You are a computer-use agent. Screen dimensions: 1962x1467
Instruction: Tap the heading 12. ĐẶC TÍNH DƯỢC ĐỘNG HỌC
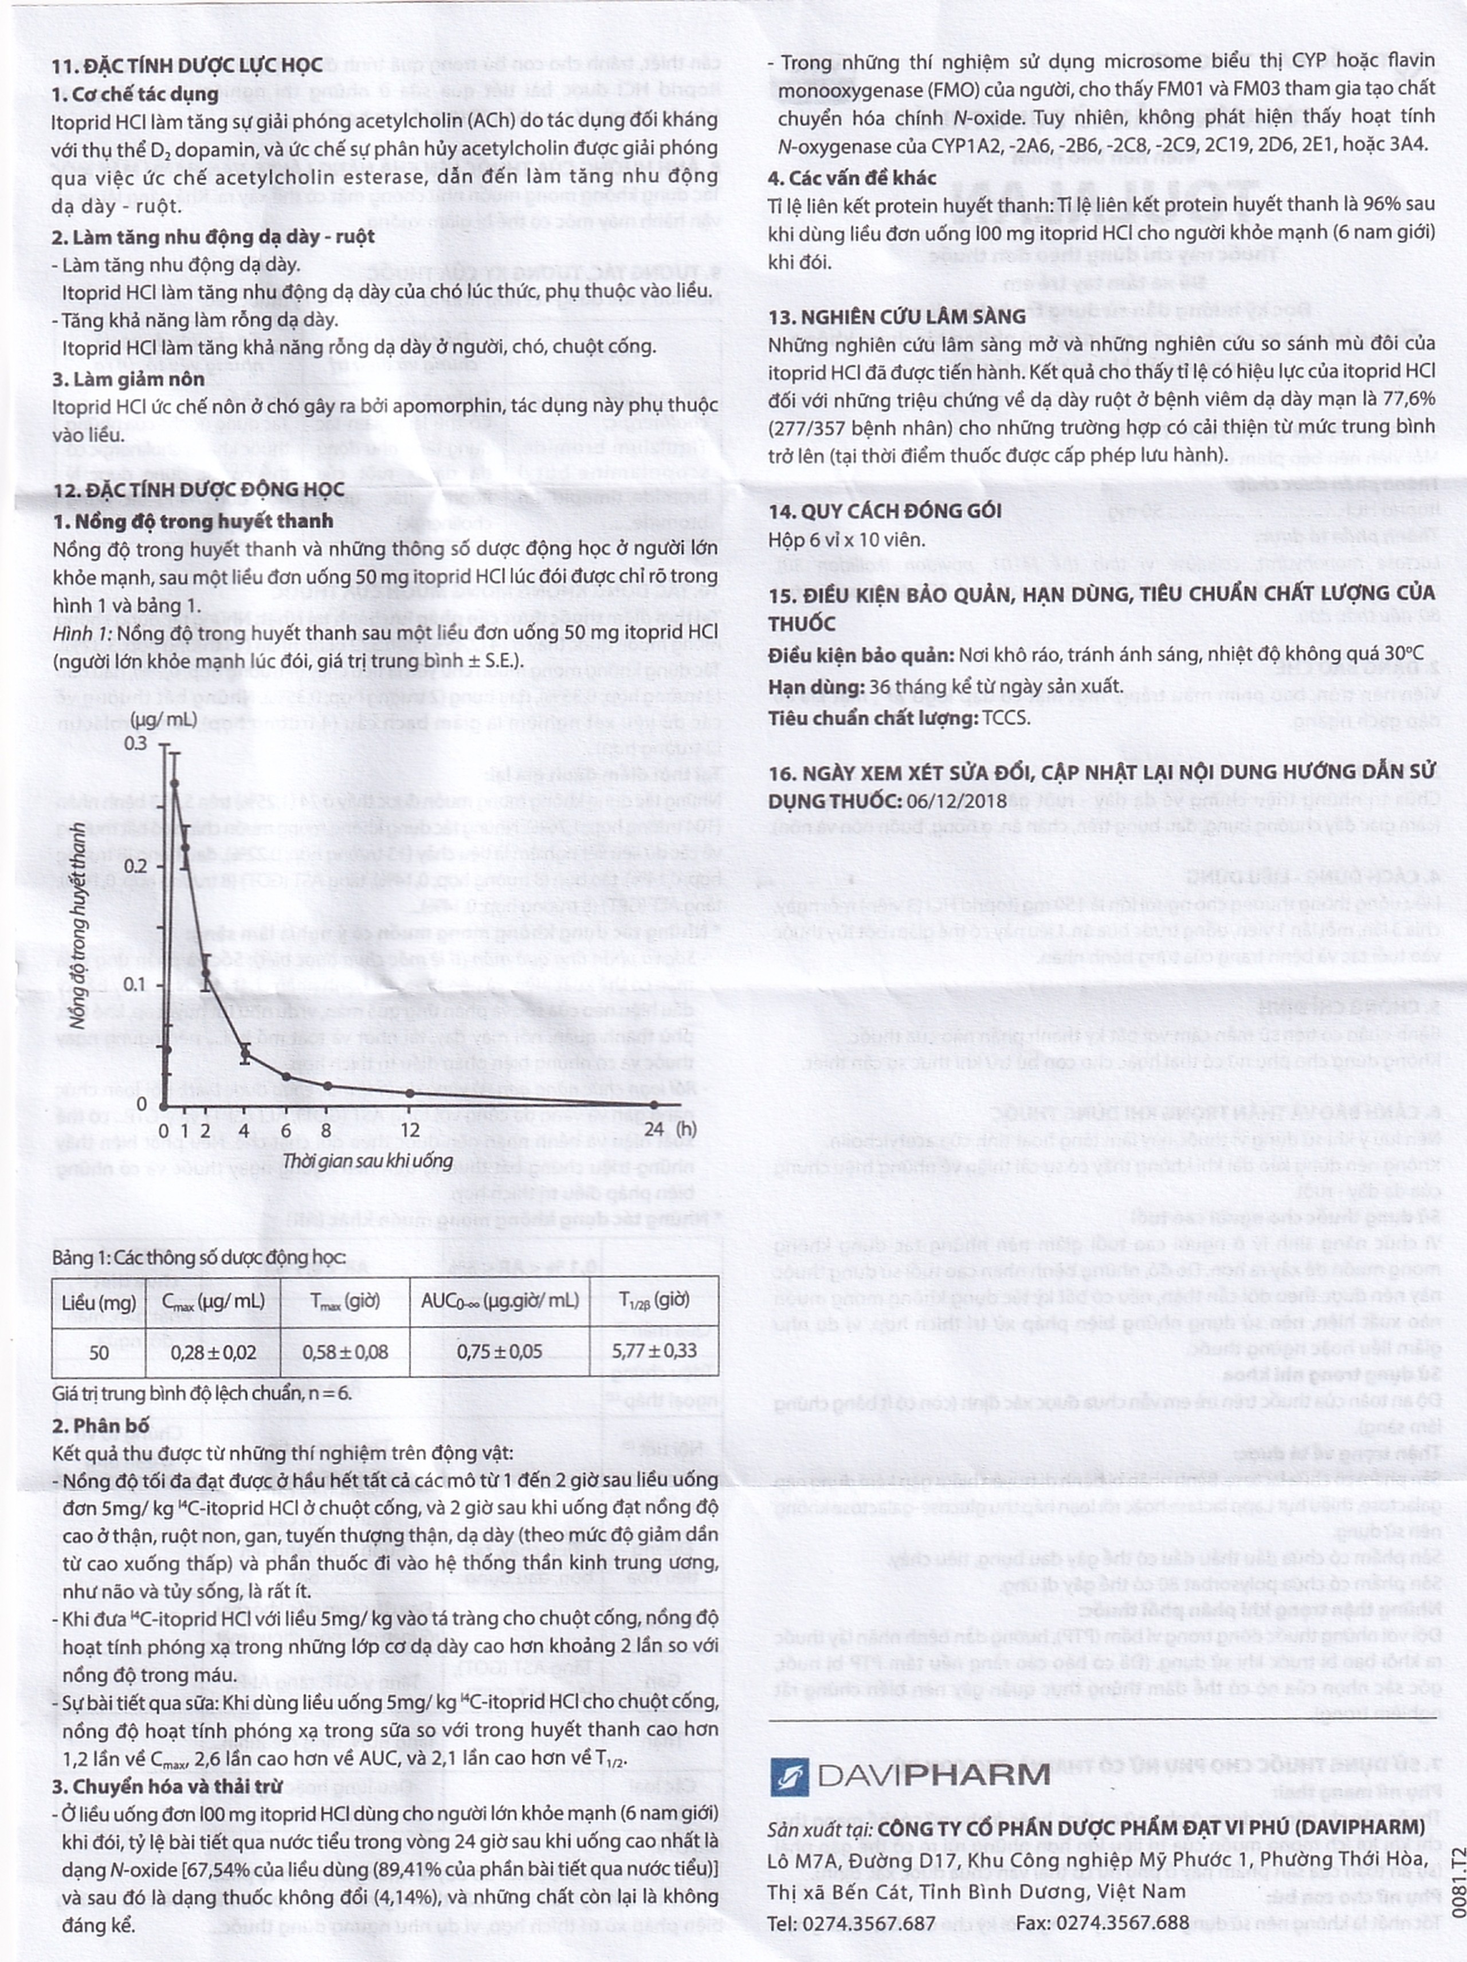(198, 490)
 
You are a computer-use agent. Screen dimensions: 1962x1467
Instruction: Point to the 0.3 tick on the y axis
(136, 743)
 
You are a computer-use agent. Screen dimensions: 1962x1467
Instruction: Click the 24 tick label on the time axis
(654, 1130)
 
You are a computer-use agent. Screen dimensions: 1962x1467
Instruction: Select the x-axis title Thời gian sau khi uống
(367, 1160)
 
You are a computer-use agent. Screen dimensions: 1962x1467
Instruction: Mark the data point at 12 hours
(410, 1094)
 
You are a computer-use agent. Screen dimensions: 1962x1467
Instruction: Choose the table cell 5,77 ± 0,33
(654, 1351)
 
